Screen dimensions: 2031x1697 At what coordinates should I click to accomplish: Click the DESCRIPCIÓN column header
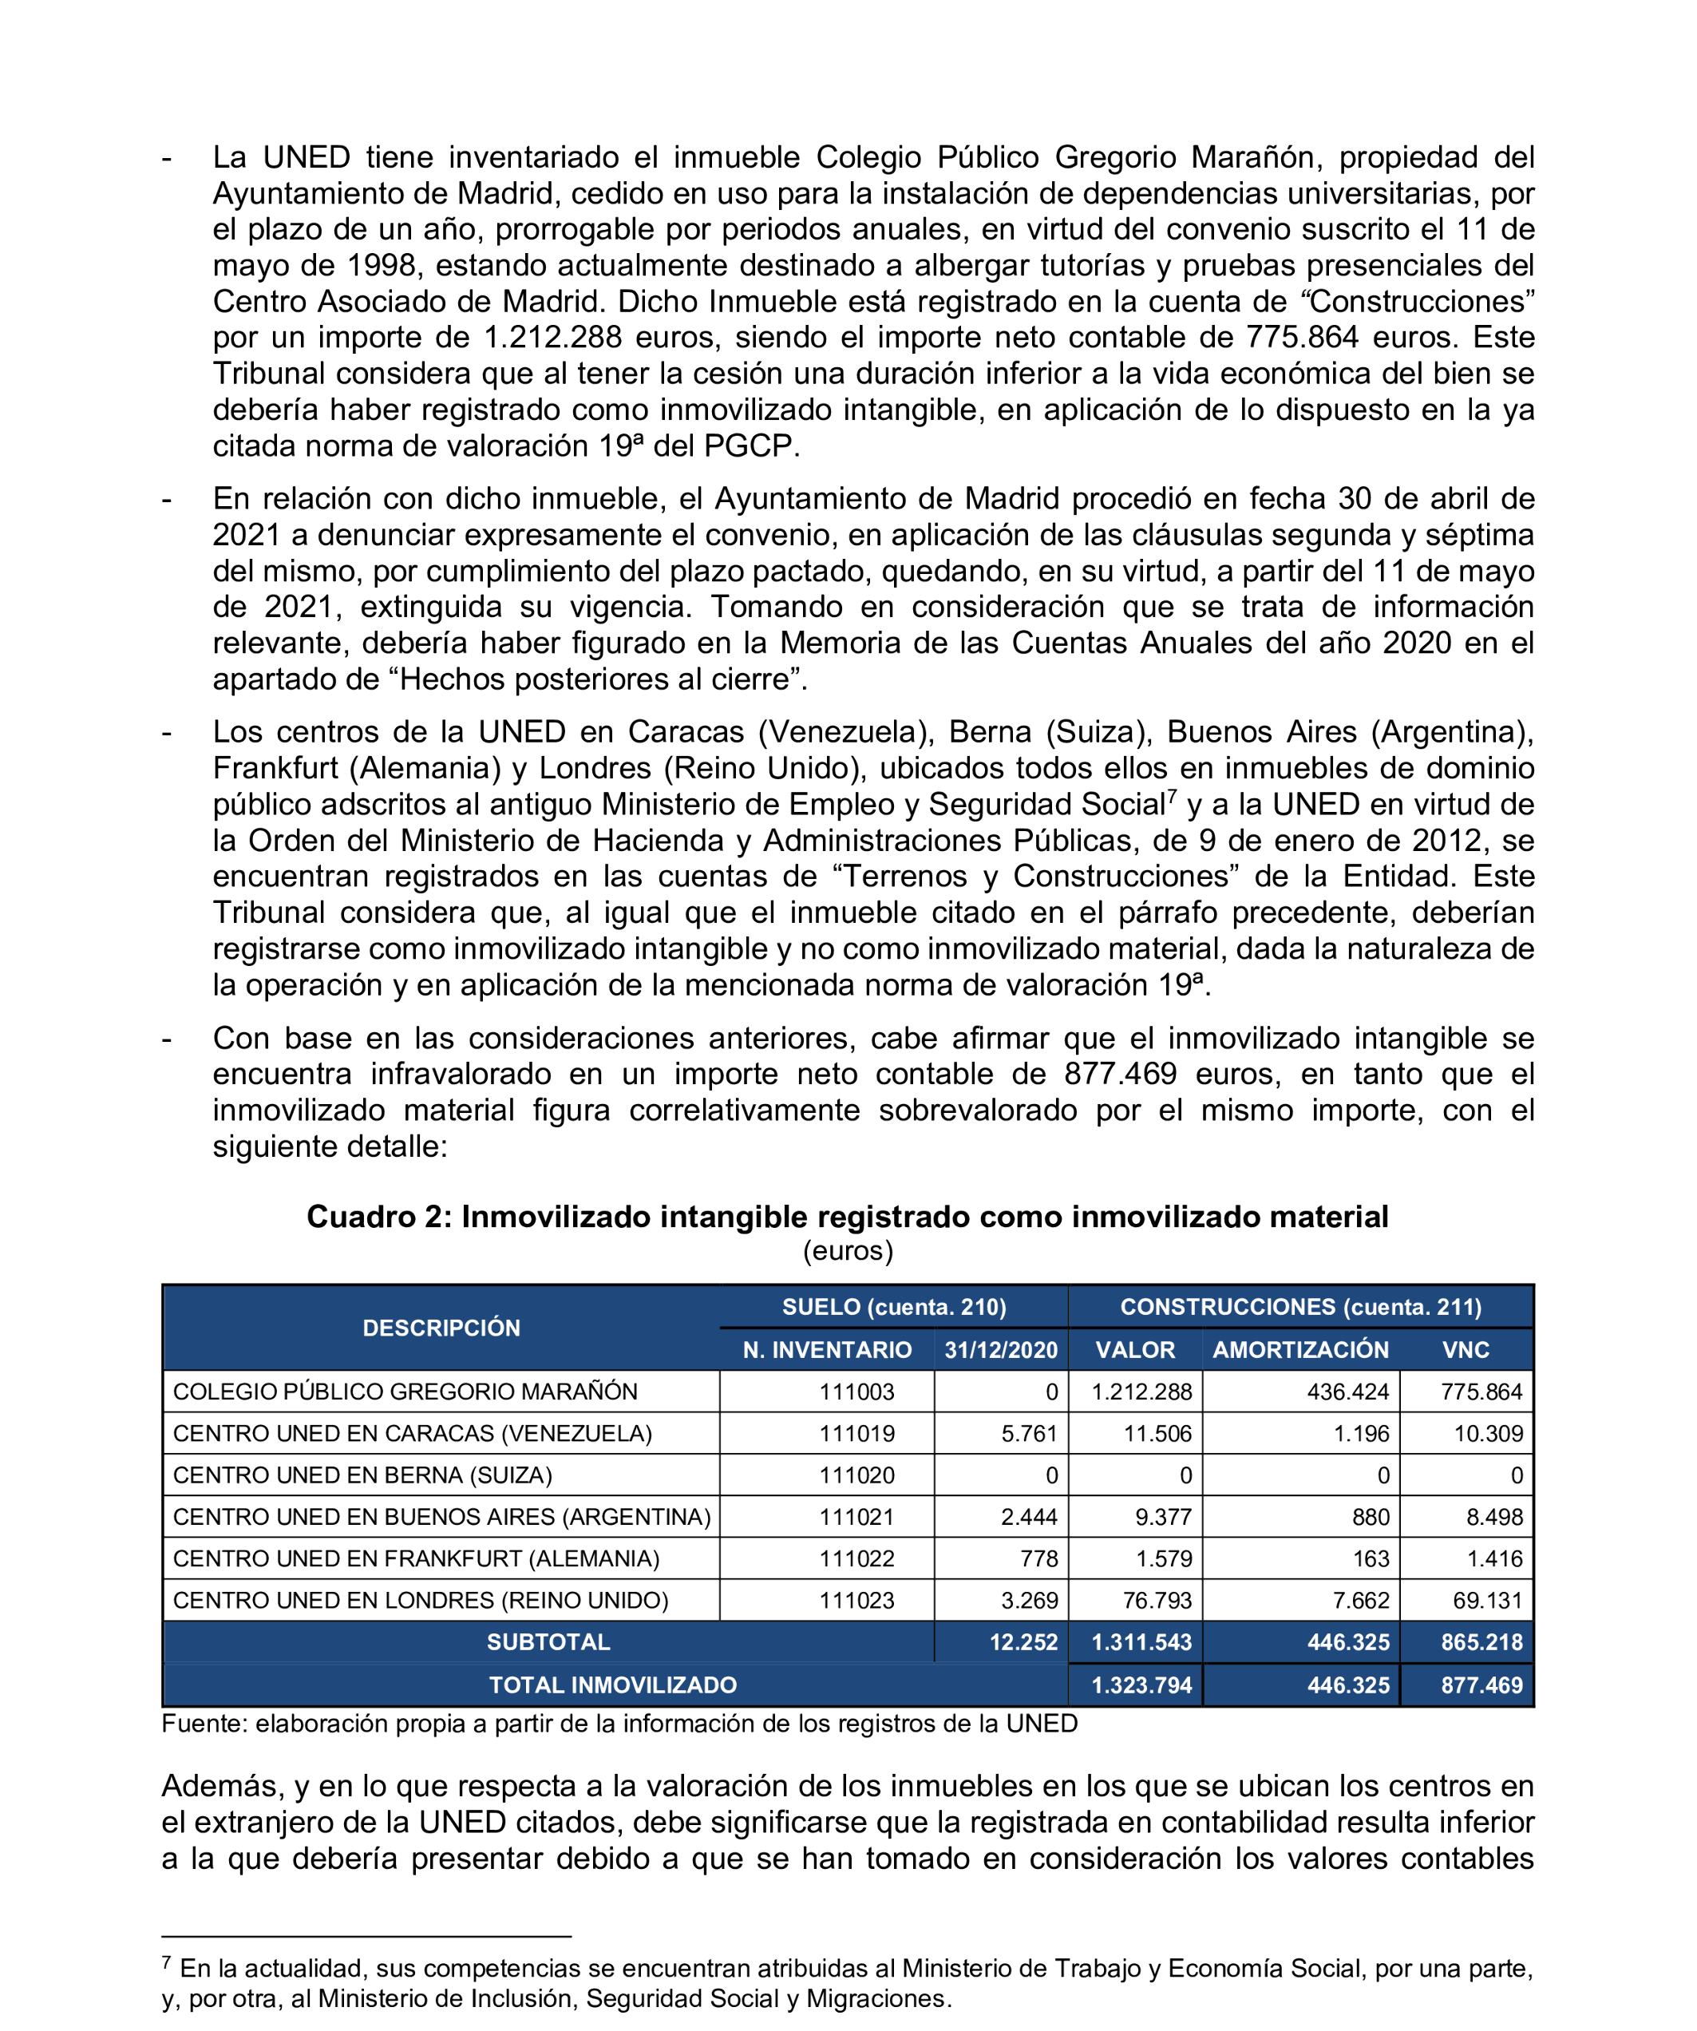[441, 1328]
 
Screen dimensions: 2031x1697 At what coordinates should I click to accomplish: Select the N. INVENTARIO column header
[827, 1350]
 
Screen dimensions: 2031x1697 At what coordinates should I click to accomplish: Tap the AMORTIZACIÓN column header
[1300, 1350]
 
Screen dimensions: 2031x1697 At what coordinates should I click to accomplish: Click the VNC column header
[1465, 1350]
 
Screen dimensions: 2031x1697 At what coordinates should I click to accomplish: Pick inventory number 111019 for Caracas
[856, 1433]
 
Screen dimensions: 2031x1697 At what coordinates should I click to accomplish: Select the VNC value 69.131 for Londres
[1487, 1601]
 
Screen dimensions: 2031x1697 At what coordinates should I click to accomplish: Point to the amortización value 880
[1371, 1518]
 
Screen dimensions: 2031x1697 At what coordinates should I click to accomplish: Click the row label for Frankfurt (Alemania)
[416, 1559]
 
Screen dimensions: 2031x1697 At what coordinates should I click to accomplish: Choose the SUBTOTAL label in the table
[548, 1642]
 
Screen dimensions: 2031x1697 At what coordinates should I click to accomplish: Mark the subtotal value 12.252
[1023, 1642]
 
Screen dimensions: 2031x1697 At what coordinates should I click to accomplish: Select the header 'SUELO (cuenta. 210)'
[893, 1308]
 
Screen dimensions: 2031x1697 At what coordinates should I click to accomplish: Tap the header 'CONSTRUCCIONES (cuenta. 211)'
[1300, 1308]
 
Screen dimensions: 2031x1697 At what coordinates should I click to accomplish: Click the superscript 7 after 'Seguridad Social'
[1172, 796]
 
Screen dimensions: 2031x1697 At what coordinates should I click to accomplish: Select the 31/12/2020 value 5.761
[1029, 1433]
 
